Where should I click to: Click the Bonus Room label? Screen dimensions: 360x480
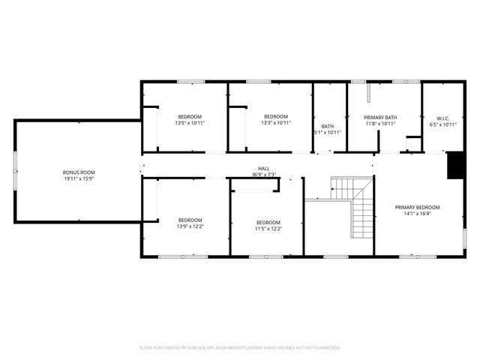pos(78,173)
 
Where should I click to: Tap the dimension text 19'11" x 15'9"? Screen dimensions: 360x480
pos(78,179)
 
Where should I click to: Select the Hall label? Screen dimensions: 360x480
pos(264,169)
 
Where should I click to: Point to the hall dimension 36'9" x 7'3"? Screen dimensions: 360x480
pos(264,175)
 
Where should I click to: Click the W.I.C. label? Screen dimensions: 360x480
pos(442,117)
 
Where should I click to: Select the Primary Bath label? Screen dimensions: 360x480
pos(379,117)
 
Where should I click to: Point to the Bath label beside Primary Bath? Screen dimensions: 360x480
pos(328,126)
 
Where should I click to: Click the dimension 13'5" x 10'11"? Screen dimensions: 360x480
pos(190,123)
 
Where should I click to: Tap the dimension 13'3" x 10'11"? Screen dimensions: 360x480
pos(276,123)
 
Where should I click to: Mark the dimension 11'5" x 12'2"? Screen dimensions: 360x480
pos(268,229)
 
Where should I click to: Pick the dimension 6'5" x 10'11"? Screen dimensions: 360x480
pos(442,124)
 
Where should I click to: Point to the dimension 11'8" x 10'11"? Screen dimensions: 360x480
pos(379,124)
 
